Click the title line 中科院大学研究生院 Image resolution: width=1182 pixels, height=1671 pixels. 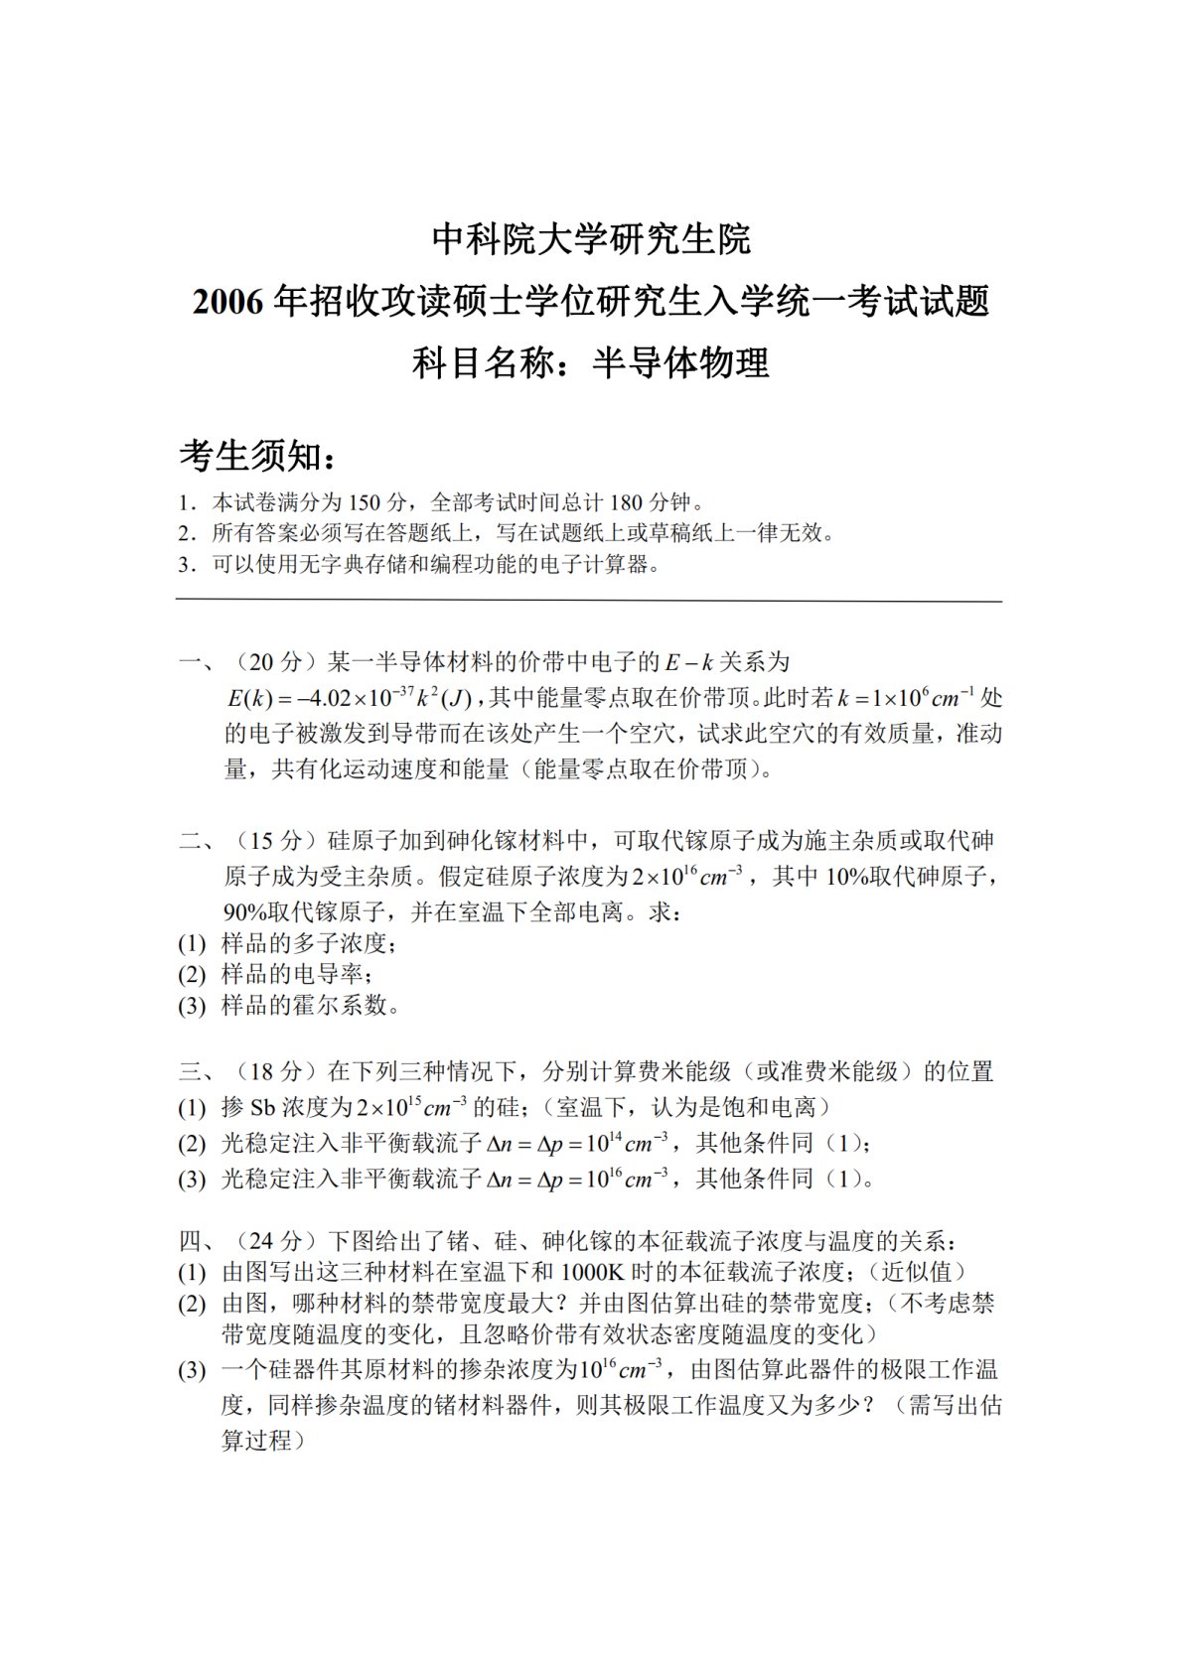591,239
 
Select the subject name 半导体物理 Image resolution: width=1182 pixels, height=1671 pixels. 680,363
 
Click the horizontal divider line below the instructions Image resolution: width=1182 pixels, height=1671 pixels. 589,601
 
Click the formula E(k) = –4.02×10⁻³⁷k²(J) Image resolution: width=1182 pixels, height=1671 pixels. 355,698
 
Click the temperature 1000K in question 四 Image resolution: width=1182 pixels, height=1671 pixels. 592,1272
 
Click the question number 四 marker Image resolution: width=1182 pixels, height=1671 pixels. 190,1241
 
